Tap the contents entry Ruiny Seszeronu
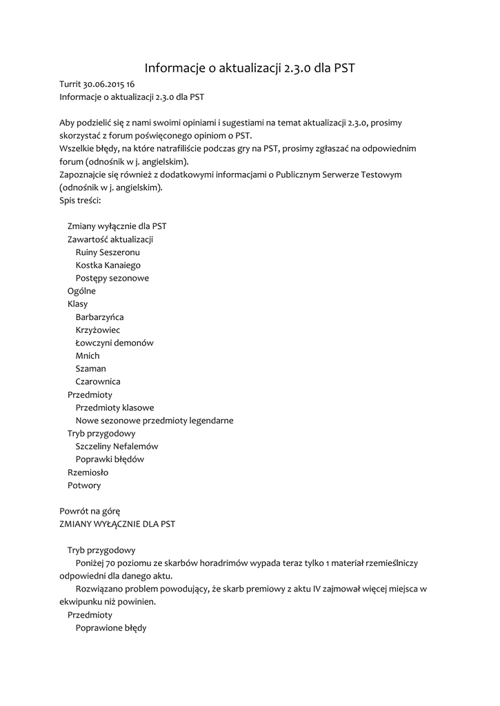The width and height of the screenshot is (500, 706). click(x=108, y=252)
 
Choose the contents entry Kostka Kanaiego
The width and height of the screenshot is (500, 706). click(x=108, y=265)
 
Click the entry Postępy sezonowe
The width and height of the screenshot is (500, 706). click(x=112, y=278)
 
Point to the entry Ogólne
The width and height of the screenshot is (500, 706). click(x=81, y=291)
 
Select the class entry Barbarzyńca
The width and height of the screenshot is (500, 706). click(x=99, y=317)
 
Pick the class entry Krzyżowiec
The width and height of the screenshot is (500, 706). click(x=97, y=330)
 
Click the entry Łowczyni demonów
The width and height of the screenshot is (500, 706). click(x=114, y=343)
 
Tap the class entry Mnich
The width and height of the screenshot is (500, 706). click(x=88, y=356)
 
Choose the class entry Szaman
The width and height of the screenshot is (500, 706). click(x=90, y=369)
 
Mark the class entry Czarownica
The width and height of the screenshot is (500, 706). click(x=98, y=382)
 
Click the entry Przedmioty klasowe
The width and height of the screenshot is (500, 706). click(x=114, y=407)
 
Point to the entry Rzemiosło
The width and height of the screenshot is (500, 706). click(x=88, y=472)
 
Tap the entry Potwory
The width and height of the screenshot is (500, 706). click(x=84, y=485)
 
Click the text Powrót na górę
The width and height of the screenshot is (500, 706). click(x=90, y=511)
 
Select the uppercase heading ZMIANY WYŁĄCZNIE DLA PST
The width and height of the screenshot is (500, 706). click(x=117, y=524)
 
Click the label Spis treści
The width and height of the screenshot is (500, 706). click(x=80, y=201)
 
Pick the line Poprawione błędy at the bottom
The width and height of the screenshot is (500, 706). click(x=111, y=628)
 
